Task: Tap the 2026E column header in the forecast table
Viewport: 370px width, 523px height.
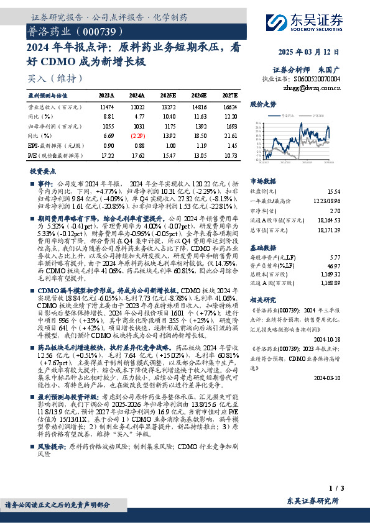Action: pyautogui.click(x=198, y=96)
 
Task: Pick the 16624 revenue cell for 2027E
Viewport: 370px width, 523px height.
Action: pyautogui.click(x=229, y=107)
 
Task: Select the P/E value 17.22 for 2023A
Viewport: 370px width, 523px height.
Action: pyautogui.click(x=107, y=154)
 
